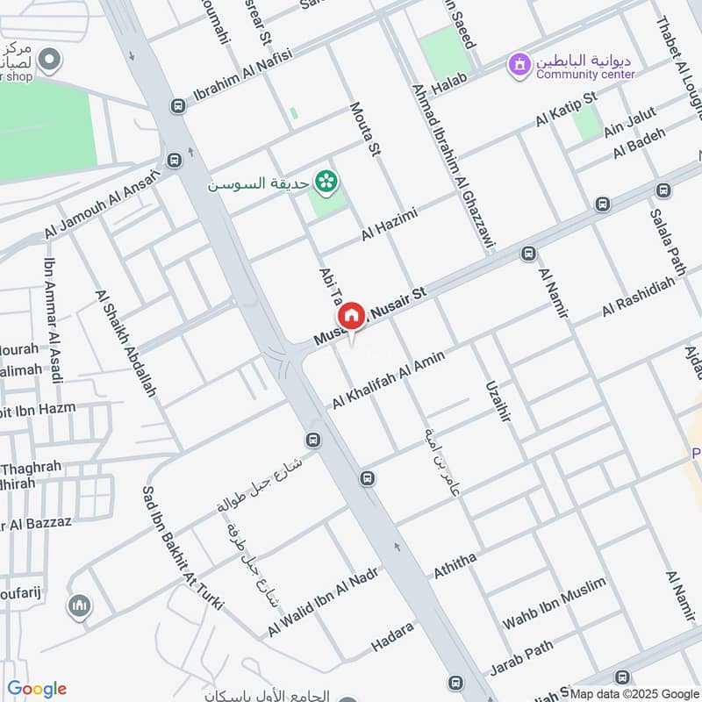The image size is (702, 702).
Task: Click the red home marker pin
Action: click(x=351, y=316)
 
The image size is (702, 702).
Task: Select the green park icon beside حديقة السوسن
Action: click(x=326, y=182)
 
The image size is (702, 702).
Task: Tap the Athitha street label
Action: click(x=455, y=566)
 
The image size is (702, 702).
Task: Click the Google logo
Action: click(x=37, y=689)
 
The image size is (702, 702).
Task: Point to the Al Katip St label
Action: click(x=566, y=110)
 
